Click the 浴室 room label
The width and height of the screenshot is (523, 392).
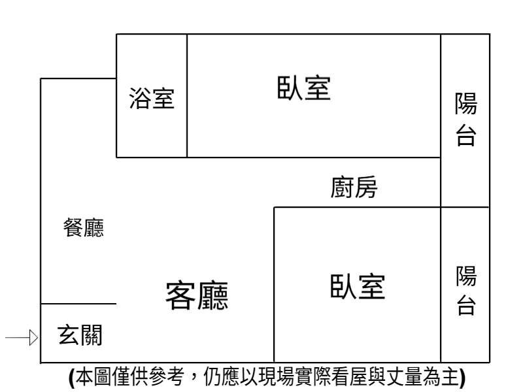click(x=152, y=99)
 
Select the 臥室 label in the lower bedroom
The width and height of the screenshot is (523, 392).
click(x=357, y=287)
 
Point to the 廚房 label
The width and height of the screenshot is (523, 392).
click(x=354, y=189)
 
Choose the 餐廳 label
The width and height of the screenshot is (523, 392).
click(x=83, y=229)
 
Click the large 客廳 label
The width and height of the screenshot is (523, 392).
click(x=197, y=296)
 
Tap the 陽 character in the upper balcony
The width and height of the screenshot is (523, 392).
click(x=465, y=103)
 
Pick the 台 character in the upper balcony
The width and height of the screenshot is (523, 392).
click(x=465, y=135)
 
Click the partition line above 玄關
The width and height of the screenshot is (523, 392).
click(x=78, y=304)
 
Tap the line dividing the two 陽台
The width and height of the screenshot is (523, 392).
click(x=465, y=207)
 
